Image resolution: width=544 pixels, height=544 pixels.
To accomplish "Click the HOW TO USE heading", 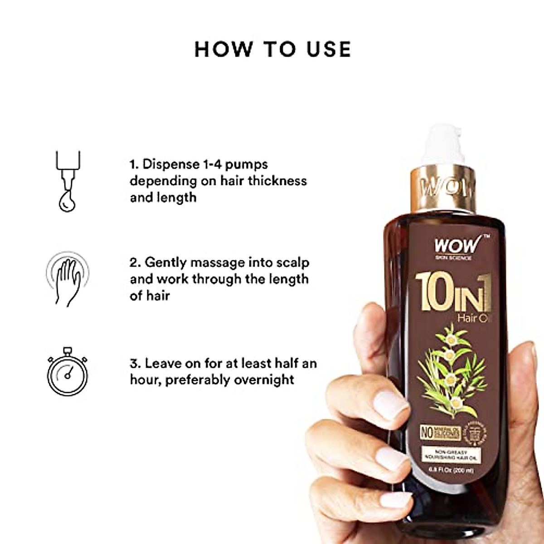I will point(272,49).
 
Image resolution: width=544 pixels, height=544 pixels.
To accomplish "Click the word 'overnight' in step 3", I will point(264,379).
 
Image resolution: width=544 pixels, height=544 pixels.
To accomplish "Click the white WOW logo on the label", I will point(456,245).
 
